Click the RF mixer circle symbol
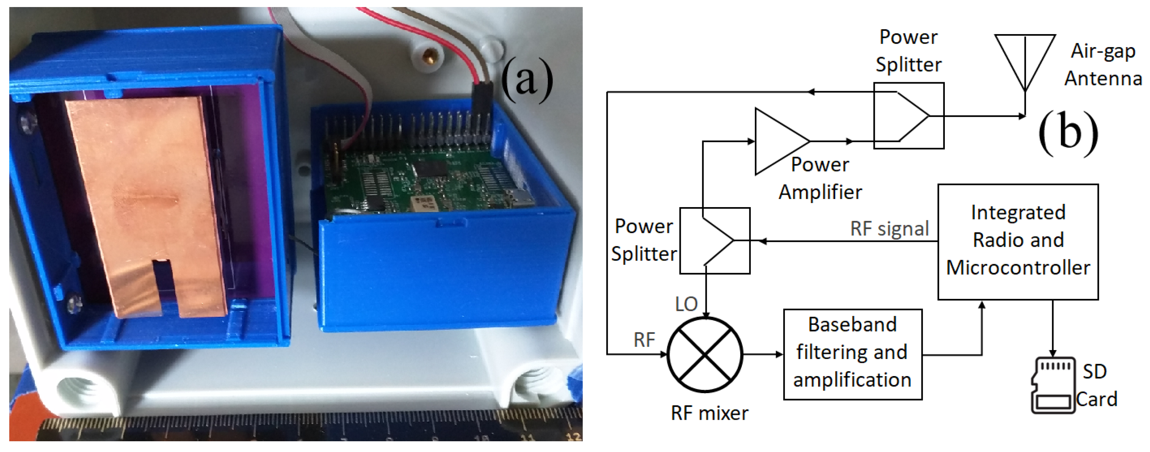(704, 355)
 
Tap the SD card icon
(1053, 385)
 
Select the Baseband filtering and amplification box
(852, 354)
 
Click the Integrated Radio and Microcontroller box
(1017, 242)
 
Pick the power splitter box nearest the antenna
(908, 116)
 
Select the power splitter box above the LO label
(714, 241)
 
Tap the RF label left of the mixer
(644, 340)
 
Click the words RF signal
(889, 229)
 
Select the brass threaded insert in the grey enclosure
(430, 57)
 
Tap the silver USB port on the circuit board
(522, 196)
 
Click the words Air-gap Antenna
(1103, 65)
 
